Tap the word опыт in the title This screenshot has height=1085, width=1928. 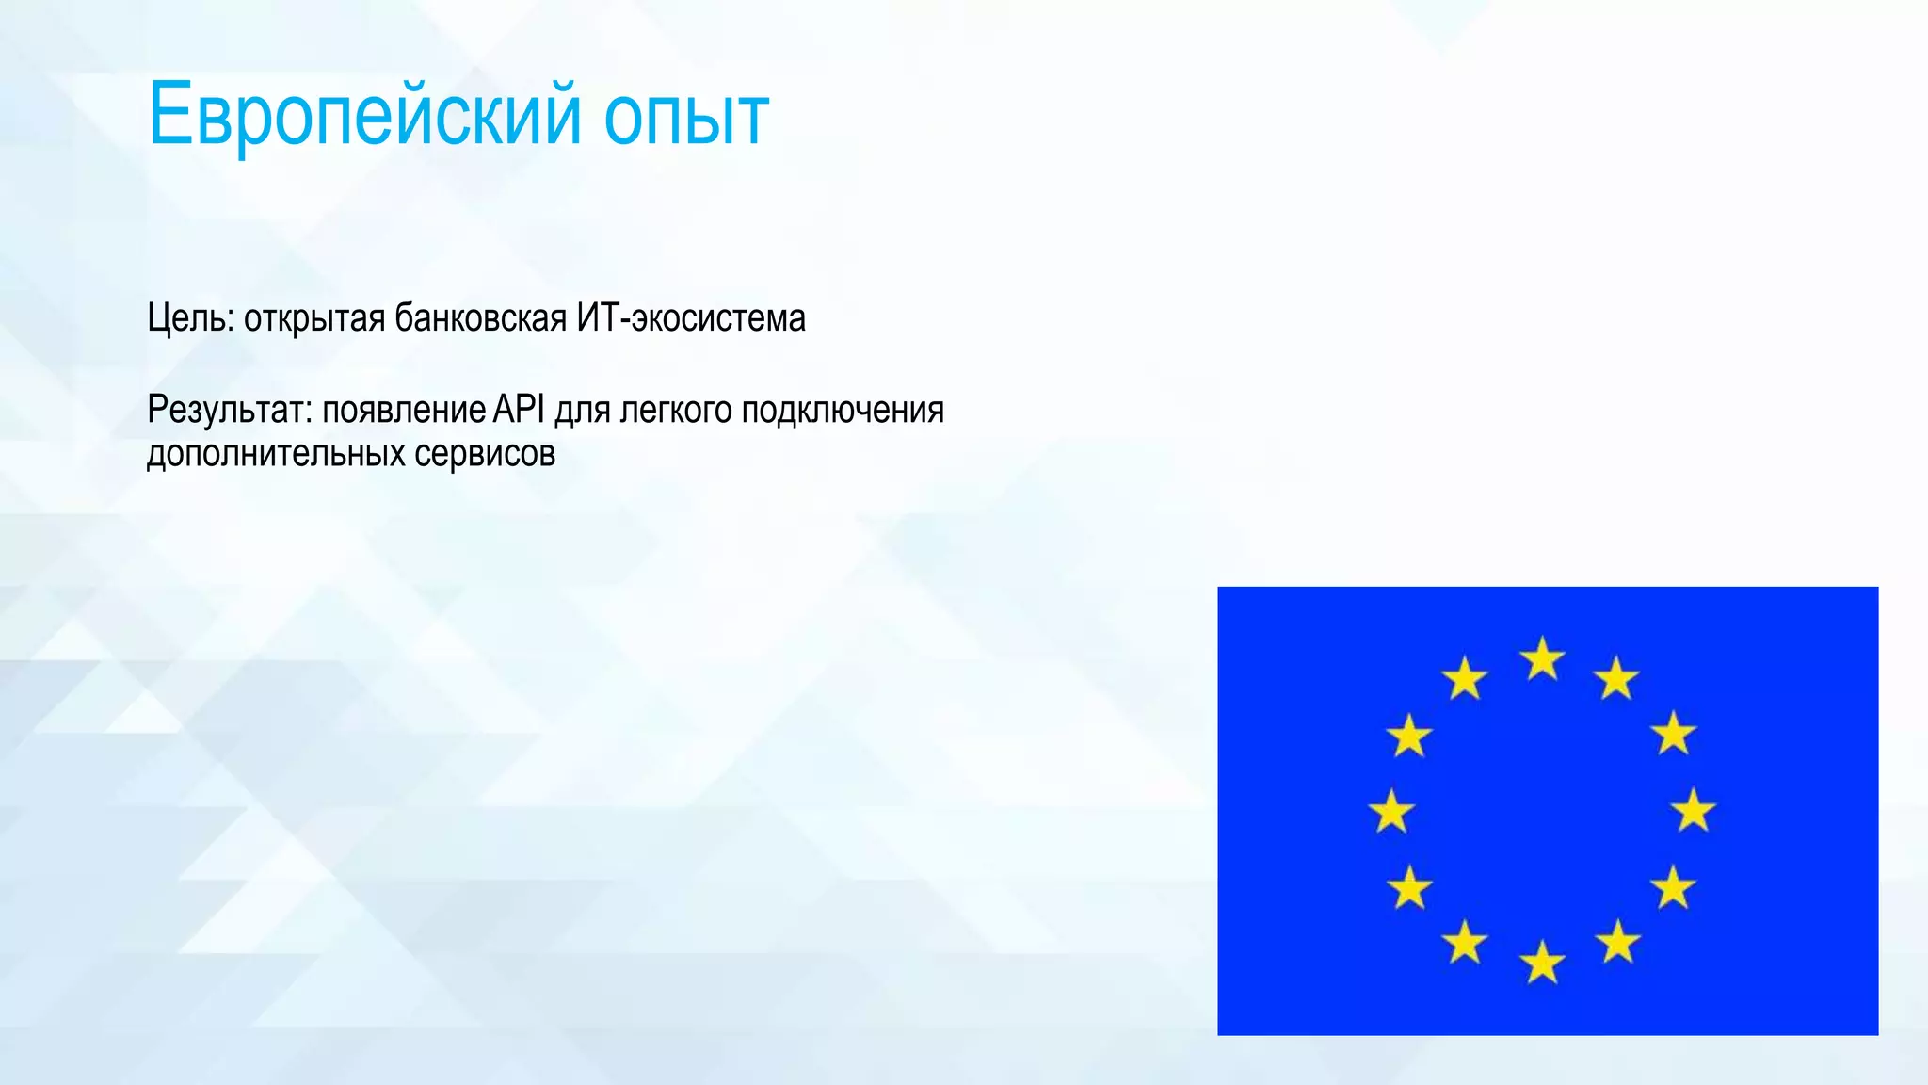pos(686,117)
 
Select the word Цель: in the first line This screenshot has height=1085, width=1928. pos(190,318)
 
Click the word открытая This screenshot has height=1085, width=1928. pos(314,318)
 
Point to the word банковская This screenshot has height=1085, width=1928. pos(480,318)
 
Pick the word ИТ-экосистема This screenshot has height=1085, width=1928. pos(691,318)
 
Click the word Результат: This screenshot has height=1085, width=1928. pos(229,410)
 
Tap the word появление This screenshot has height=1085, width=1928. pos(404,410)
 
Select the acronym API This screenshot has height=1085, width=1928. pos(519,410)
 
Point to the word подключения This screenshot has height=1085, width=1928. pos(843,411)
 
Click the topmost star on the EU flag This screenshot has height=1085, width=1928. pos(1542,658)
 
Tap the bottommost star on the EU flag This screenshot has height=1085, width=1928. pos(1542,962)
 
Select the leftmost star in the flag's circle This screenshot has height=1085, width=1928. pos(1391,811)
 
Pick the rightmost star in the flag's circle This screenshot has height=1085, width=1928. pos(1694,810)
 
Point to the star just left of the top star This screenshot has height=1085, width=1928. pos(1465,678)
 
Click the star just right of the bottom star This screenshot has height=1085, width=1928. pos(1617,942)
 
